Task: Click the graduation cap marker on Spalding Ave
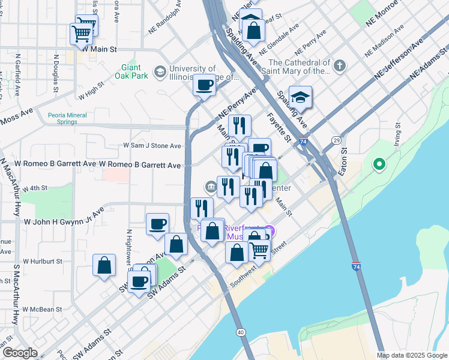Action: tap(300, 97)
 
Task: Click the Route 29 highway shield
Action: tap(336, 140)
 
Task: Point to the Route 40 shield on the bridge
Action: tap(241, 332)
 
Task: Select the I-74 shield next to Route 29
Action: tap(304, 142)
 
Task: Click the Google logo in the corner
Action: tap(20, 353)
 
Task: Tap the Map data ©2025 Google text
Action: tap(412, 355)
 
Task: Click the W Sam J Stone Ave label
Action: tap(152, 146)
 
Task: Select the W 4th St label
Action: tap(35, 188)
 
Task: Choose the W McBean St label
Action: tap(42, 310)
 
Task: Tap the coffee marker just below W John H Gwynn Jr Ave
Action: tap(157, 224)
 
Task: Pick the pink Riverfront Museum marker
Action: tap(270, 230)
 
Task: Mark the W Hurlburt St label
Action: tap(43, 262)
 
